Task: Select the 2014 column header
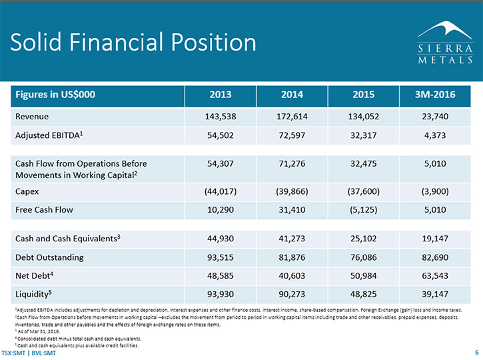[292, 94]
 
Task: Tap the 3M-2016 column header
[435, 94]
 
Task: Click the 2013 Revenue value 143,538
[221, 117]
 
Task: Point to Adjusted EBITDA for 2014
[292, 135]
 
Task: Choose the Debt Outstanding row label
[49, 257]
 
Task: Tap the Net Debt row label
[34, 275]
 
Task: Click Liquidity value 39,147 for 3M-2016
[435, 294]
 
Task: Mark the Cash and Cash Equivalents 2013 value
[221, 239]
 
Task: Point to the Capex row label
[27, 192]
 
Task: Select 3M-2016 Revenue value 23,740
[435, 117]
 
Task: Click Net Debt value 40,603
[292, 275]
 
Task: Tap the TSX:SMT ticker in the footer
[13, 353]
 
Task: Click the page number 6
[477, 353]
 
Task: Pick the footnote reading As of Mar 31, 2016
[37, 331]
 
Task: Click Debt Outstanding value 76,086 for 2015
[364, 257]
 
